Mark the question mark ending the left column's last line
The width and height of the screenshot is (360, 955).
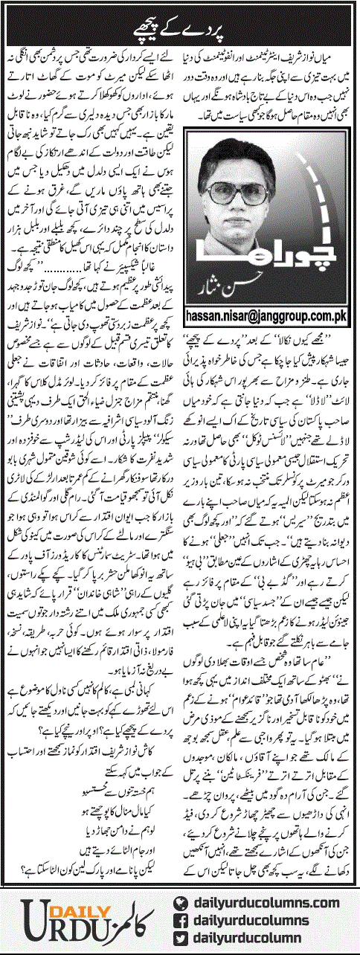13,867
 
